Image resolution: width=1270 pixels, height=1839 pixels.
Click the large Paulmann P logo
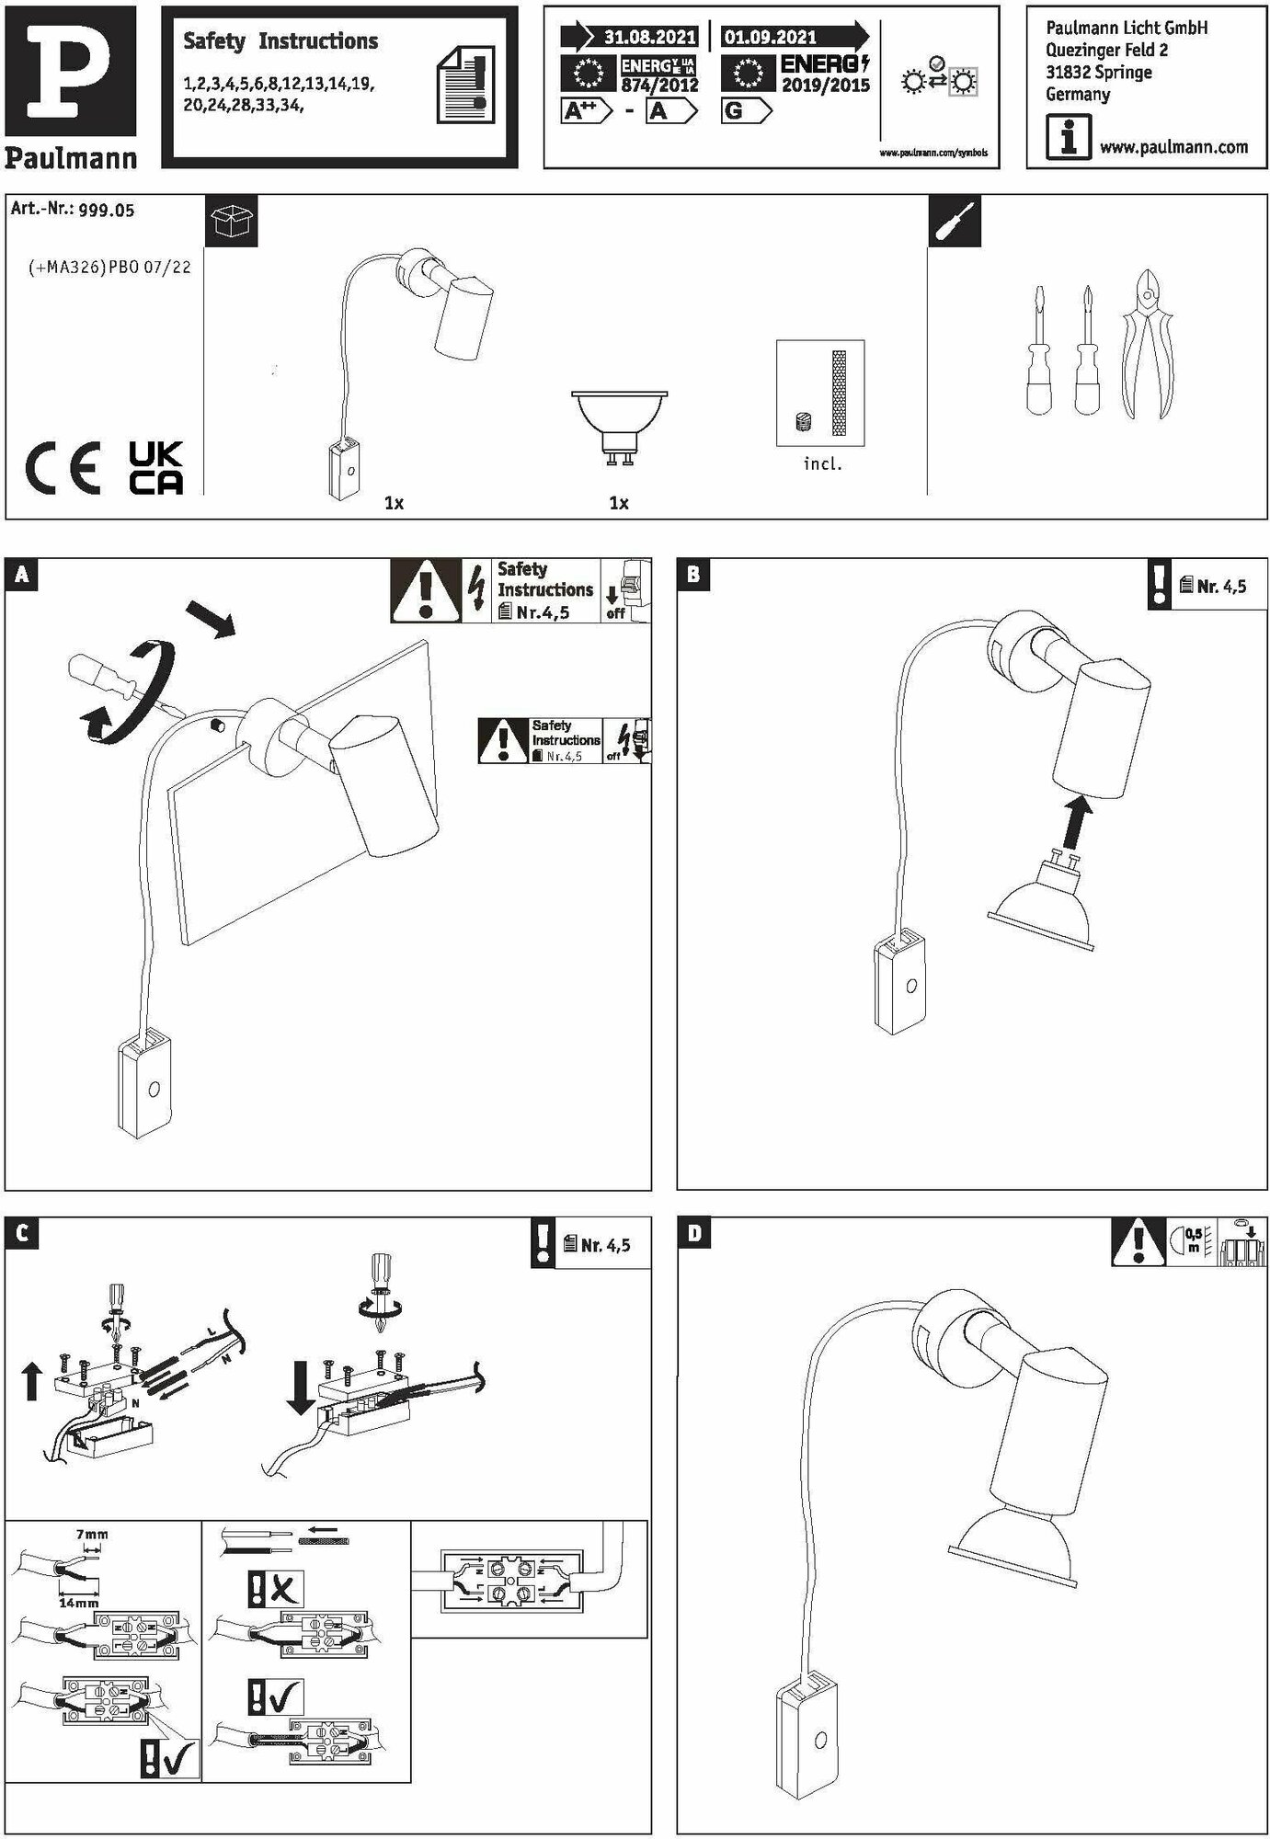[70, 71]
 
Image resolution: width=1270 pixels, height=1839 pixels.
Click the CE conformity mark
[63, 470]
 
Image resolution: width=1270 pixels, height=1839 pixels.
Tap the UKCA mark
[155, 469]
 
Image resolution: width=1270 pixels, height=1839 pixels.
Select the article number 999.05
[106, 211]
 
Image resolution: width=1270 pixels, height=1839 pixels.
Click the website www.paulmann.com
[1173, 147]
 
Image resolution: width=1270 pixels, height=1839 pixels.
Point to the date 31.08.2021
[649, 38]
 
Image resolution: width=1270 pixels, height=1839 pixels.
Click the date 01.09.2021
[771, 38]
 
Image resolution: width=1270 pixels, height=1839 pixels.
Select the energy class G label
[745, 112]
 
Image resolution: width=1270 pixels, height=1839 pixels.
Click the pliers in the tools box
[1147, 345]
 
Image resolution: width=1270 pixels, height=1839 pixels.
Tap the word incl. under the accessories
[822, 464]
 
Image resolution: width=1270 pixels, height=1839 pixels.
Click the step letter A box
[21, 576]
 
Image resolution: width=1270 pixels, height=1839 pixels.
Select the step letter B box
[693, 575]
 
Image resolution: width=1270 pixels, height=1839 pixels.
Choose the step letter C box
[21, 1234]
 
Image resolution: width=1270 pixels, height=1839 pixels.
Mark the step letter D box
[693, 1234]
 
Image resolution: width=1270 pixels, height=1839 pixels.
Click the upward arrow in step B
[1074, 822]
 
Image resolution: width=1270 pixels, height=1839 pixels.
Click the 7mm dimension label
[90, 1535]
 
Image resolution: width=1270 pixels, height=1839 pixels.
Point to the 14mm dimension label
[78, 1603]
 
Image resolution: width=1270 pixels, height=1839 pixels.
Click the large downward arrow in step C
[300, 1388]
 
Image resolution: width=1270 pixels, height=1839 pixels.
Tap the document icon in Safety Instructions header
[466, 86]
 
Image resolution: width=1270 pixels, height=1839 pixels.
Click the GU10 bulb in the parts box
[618, 425]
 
